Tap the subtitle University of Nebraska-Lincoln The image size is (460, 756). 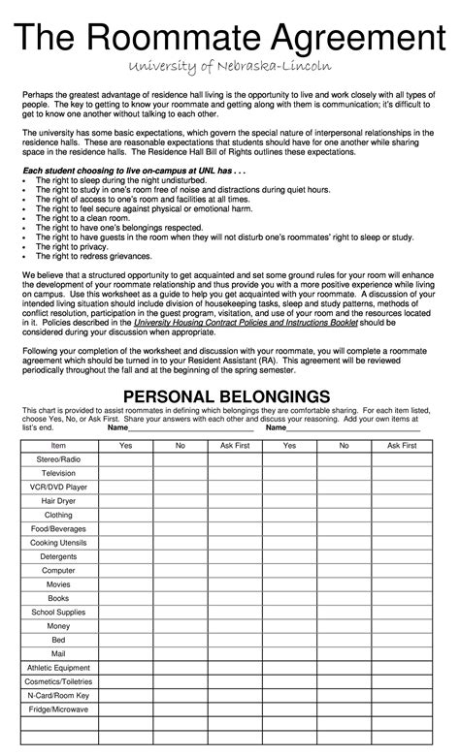pos(230,66)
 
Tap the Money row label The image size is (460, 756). pos(58,627)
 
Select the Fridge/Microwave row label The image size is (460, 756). pos(58,712)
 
